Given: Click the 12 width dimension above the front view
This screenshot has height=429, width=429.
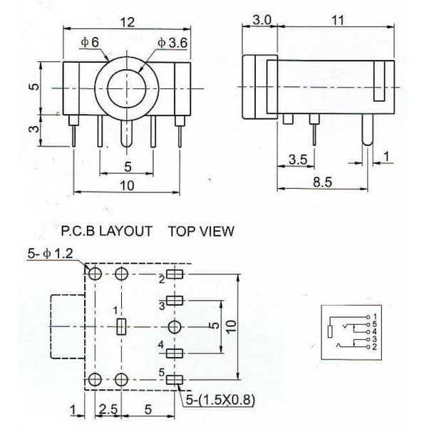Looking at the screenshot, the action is point(128,22).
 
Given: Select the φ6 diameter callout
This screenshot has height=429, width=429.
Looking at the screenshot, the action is point(90,43).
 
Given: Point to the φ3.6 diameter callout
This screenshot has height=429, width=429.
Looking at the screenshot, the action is point(172,43).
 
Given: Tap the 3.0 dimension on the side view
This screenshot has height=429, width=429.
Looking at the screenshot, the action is point(262,20).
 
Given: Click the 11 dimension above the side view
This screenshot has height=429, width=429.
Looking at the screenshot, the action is point(338,21).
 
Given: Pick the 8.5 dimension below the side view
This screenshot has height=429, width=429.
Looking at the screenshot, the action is point(322,182).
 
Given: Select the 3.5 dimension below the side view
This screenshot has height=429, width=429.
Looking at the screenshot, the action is point(298,160).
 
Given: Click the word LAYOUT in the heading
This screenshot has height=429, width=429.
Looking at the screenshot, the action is point(125,231).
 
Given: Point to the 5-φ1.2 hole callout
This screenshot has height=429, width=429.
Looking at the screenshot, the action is point(51,254).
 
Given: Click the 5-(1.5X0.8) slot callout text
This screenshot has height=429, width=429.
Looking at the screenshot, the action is point(220,400).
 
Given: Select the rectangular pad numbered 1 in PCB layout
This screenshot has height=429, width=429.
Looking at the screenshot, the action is point(121,326).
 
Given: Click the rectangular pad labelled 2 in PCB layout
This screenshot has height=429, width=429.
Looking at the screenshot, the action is point(175,274).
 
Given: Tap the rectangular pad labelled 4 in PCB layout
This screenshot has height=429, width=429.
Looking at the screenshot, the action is point(175,353).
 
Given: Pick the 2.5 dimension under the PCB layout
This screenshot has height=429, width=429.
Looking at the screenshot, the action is point(108,409).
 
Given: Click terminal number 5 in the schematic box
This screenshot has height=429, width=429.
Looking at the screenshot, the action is point(375,324).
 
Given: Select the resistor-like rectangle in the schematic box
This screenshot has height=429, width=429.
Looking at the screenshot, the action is point(330,331).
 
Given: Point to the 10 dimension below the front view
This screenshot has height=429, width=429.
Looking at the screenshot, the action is point(128,186).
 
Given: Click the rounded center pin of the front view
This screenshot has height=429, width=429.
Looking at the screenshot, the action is point(126,134).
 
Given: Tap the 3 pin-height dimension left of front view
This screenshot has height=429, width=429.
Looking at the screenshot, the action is point(35,128).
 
